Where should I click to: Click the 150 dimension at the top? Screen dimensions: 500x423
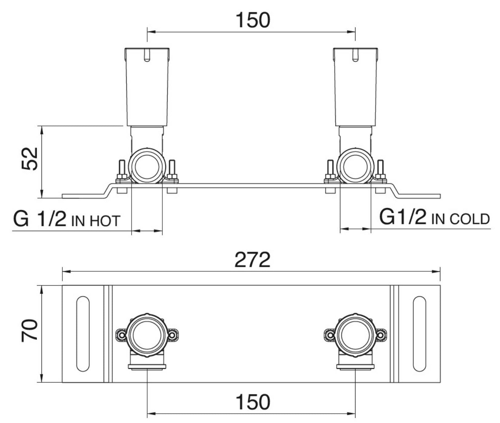coord(253,20)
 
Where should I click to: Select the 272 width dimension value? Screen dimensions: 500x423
coord(252,260)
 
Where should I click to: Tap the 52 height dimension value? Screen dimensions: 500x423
coord(30,158)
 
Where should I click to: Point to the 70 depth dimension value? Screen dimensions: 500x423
coord(30,330)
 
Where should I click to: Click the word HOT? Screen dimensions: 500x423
coord(104,221)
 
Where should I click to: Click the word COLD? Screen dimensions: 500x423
coord(469,219)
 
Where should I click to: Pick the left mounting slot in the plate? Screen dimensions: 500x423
coord(83,334)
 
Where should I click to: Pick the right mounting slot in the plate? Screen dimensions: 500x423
coord(419,334)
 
